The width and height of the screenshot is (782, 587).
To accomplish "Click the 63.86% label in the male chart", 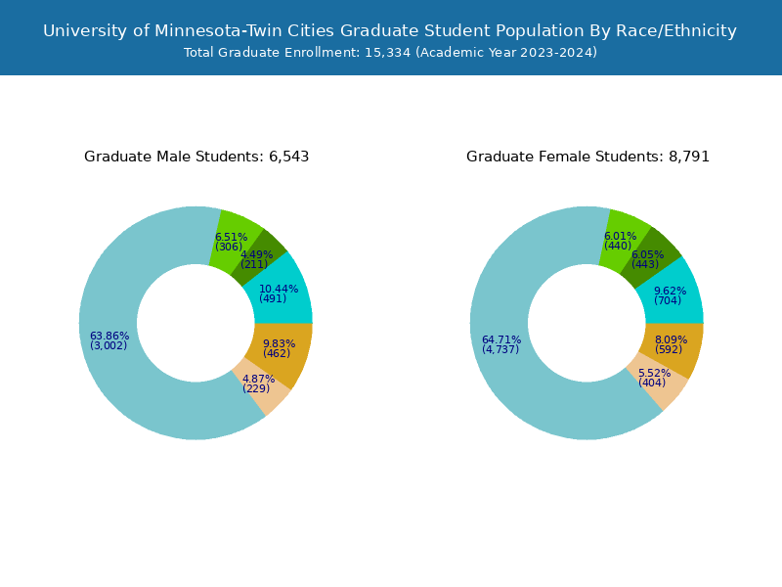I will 109,337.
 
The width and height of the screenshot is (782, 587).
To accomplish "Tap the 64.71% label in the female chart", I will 501,340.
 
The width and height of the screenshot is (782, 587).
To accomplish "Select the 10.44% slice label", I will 279,290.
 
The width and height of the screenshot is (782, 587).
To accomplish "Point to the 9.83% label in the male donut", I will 279,344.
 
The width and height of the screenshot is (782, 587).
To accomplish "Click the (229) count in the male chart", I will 256,389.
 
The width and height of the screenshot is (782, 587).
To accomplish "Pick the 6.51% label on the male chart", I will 231,238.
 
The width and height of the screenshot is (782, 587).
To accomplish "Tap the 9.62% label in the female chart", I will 670,292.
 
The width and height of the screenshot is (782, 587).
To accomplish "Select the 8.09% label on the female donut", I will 671,340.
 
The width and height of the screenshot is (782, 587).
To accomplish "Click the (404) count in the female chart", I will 652,383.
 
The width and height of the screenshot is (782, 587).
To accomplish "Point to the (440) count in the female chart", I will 618,247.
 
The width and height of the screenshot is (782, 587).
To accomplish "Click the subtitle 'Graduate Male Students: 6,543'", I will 196,157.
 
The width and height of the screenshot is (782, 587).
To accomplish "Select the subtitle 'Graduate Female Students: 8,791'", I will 587,157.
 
